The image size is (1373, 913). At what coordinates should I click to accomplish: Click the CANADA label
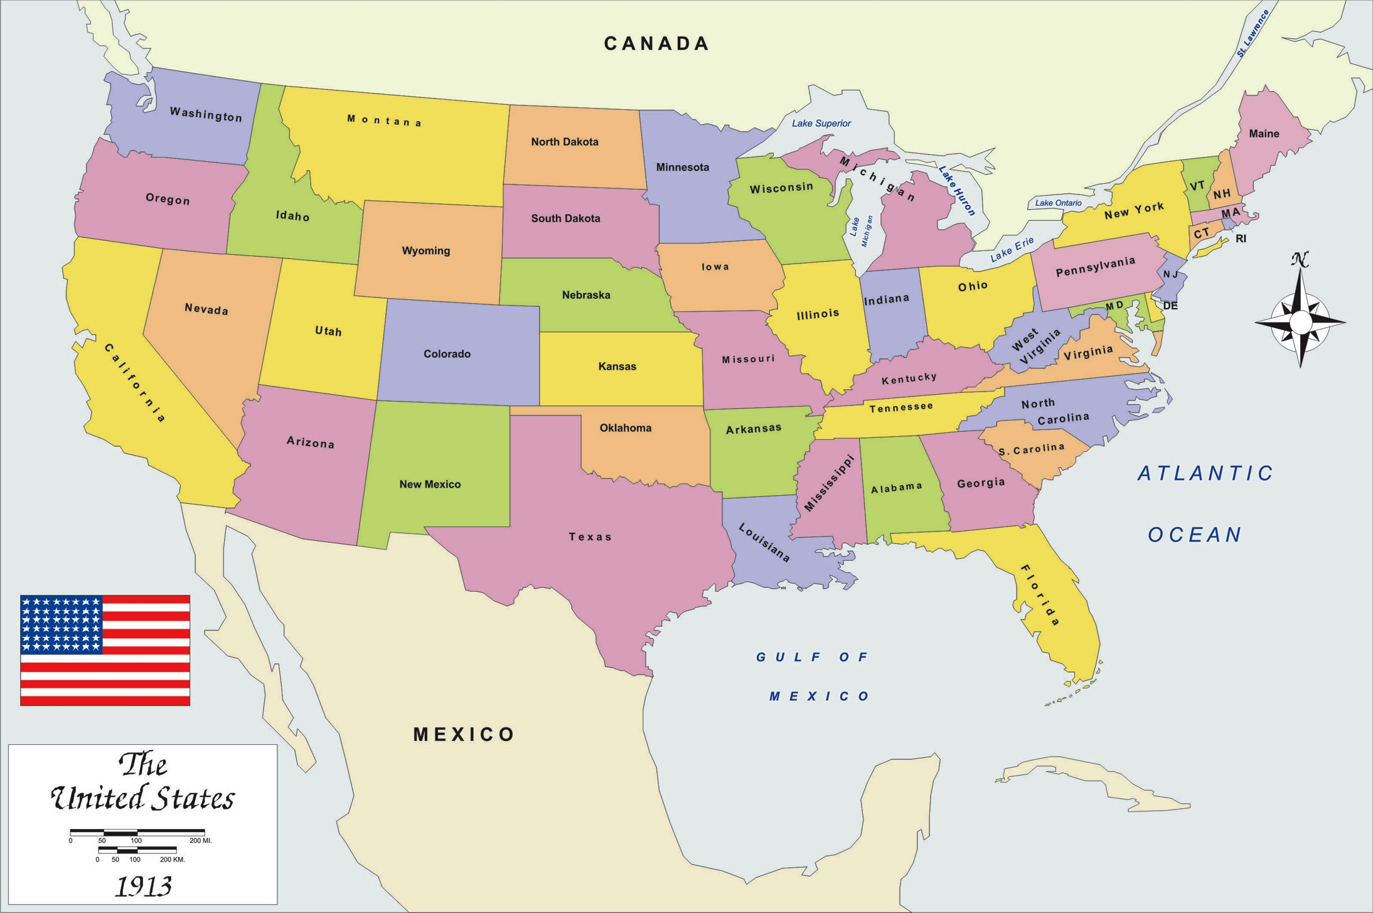coord(656,43)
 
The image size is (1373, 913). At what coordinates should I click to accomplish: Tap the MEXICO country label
coord(464,734)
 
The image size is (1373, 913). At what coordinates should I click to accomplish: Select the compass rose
coord(1300,320)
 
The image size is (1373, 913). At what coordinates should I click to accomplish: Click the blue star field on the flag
coord(61,624)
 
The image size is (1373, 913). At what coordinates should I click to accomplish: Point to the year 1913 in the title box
coord(144,886)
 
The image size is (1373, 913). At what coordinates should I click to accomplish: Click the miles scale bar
coord(137,833)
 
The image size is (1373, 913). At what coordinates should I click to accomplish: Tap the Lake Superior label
coord(821,124)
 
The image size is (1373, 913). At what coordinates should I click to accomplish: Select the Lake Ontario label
coord(1058,203)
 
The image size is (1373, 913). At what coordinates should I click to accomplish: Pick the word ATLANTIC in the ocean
coord(1205,473)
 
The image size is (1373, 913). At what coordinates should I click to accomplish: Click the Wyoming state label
coord(425,251)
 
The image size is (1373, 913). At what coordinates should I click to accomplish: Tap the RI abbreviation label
coord(1241,239)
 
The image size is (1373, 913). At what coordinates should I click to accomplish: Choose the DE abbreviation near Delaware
coord(1170,306)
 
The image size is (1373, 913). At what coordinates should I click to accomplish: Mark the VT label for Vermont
coord(1197,186)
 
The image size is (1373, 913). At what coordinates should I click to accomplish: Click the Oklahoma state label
coord(625,428)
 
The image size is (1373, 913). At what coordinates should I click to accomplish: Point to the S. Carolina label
coord(1032,449)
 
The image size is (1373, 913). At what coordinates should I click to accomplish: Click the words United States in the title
coord(142,799)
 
